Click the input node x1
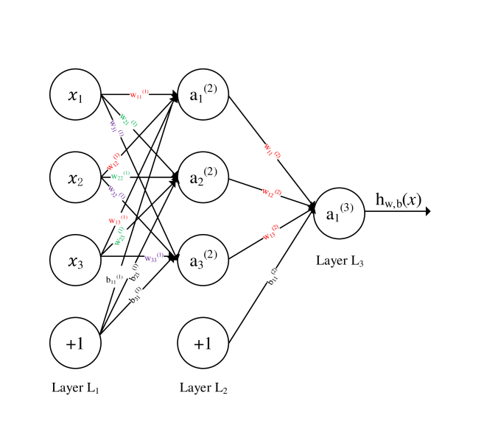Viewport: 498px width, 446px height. tap(75, 95)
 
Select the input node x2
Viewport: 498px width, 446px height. tap(75, 177)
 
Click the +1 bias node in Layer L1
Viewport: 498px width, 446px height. tap(75, 342)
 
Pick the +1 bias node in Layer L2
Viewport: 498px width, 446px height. tap(203, 342)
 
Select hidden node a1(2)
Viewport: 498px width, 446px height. tap(203, 95)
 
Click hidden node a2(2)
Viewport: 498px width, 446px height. tap(203, 177)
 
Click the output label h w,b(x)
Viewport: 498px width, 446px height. tap(399, 199)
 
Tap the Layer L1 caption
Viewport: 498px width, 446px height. tap(75, 388)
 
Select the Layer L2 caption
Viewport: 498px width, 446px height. tap(203, 388)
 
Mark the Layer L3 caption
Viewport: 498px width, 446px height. tap(340, 260)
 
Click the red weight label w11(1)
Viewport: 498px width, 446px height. tap(139, 93)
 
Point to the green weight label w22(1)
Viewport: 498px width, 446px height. tap(120, 177)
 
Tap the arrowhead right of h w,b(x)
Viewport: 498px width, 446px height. tap(427, 211)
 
